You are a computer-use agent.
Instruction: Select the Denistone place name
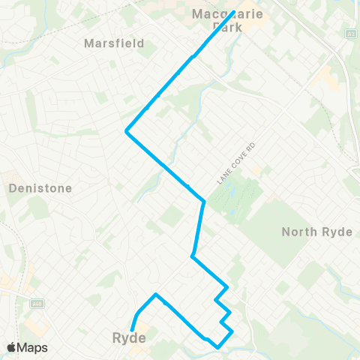(40, 188)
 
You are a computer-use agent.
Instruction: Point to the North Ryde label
(317, 232)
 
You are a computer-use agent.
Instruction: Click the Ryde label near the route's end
(128, 338)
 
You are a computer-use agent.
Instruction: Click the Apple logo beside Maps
(13, 347)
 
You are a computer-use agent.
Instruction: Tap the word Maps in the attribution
(33, 347)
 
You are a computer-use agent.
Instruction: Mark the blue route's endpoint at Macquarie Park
(235, 12)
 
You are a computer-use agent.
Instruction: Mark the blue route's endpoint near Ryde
(132, 329)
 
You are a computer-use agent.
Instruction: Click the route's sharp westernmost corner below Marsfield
(126, 133)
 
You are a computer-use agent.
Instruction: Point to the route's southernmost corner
(217, 347)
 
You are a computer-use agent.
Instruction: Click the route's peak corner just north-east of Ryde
(155, 295)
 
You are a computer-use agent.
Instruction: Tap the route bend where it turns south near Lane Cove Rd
(204, 201)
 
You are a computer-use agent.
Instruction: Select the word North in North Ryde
(299, 232)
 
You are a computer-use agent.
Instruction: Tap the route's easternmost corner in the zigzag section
(232, 331)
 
